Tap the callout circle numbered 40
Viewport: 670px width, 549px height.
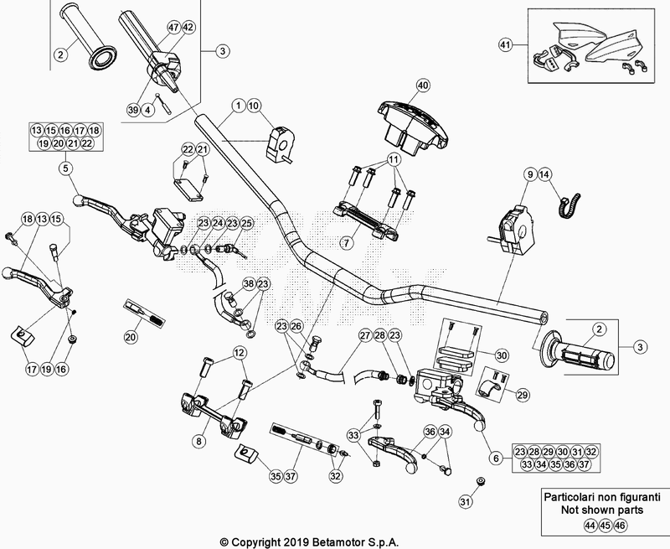422,85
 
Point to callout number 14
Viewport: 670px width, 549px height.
546,174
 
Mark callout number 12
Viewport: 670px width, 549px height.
239,352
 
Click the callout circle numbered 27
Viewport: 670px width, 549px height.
364,336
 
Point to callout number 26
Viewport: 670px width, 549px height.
296,326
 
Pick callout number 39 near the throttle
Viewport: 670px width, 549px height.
133,110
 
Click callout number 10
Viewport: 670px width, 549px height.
255,106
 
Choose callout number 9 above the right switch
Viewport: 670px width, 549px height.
530,174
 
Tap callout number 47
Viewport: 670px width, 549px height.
173,27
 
